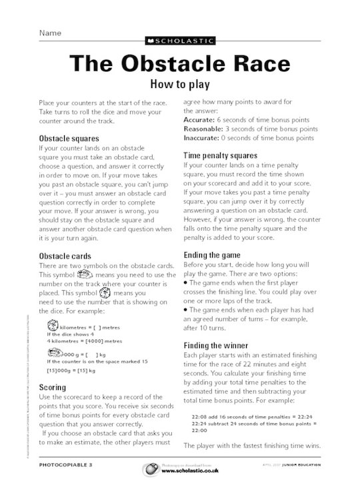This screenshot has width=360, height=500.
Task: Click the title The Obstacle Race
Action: [x=180, y=64]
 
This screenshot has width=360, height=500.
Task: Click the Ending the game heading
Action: [x=214, y=255]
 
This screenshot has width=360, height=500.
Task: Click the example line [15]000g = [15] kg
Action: [x=71, y=370]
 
